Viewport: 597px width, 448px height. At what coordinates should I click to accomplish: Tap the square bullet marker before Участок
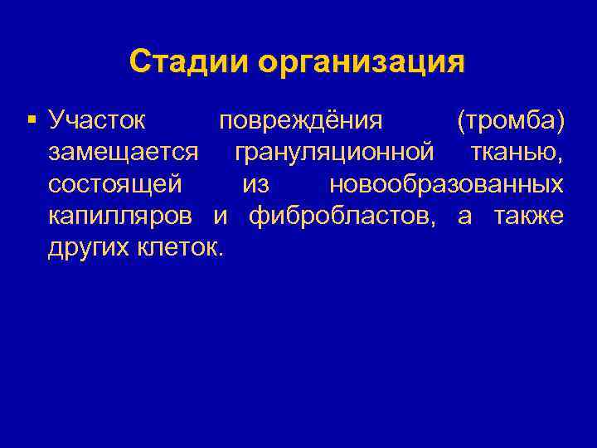coord(32,121)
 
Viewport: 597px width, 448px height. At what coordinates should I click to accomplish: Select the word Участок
coord(97,121)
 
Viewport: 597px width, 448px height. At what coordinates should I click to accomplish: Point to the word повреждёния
coord(300,121)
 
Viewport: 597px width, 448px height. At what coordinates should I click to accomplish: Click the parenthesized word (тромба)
coord(511,121)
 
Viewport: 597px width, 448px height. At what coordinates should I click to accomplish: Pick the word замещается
coord(123,153)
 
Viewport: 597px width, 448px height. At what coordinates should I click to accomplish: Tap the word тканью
coord(517,153)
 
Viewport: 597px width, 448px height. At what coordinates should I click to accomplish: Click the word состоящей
coord(115,184)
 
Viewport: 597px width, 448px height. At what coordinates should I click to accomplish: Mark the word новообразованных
coord(447,184)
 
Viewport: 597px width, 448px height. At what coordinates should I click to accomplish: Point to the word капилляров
coord(120,216)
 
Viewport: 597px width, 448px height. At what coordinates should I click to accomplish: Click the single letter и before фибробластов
coord(221,216)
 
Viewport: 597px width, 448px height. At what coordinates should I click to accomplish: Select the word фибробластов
coord(342,216)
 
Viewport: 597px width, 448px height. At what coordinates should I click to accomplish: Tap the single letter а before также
coord(465,216)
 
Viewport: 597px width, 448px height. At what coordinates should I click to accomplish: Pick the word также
coord(529,216)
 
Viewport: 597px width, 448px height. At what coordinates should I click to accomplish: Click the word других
coord(85,247)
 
